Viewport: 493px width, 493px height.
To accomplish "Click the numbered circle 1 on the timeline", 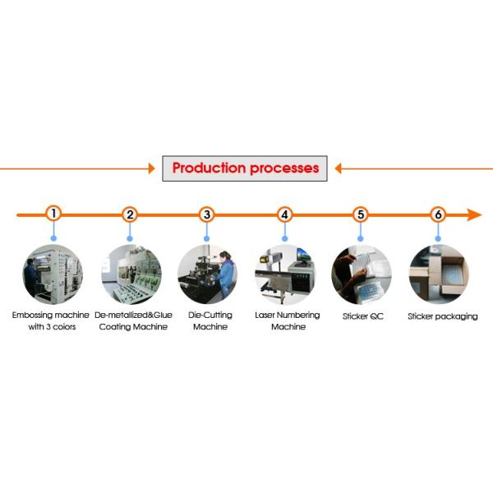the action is (x=53, y=214).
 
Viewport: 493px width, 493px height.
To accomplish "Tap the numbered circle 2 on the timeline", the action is (x=130, y=214).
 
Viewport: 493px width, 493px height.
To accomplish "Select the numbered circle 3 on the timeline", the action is (x=206, y=214).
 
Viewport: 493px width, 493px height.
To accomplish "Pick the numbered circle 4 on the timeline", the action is (x=284, y=214).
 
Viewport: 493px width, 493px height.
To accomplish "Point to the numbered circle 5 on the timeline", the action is (x=361, y=214).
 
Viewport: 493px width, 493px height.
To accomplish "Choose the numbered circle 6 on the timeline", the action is (x=438, y=214).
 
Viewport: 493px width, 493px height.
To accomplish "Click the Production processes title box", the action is (x=245, y=168).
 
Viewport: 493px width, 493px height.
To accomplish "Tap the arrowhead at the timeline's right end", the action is (x=474, y=214).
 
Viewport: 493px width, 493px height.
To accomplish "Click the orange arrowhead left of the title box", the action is (x=152, y=168).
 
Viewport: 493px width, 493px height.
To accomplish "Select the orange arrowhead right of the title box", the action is (x=338, y=168).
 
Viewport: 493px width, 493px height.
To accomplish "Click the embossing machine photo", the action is (x=53, y=274).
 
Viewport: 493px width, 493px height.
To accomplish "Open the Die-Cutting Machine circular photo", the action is (x=208, y=274).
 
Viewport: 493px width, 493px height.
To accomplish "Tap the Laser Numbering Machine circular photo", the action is (x=285, y=274).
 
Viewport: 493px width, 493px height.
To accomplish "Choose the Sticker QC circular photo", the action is (x=362, y=274).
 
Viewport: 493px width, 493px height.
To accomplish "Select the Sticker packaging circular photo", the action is (x=439, y=274).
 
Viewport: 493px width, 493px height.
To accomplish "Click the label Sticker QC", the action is (x=363, y=316).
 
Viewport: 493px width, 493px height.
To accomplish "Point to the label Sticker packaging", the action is (x=443, y=316).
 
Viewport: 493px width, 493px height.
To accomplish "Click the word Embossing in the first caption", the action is (x=30, y=316).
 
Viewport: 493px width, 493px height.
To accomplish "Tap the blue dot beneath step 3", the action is (x=206, y=238).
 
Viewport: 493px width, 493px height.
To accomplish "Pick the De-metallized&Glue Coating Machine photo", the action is (x=131, y=274).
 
